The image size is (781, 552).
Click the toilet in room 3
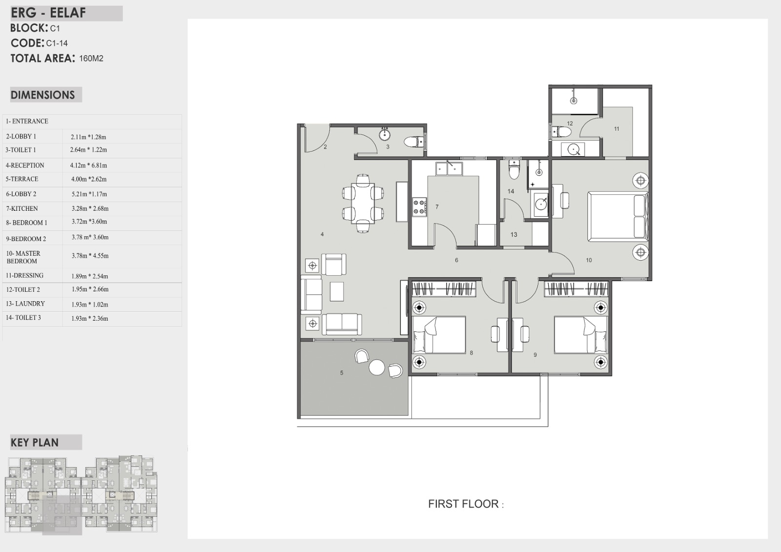414,142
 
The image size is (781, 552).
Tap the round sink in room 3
385,135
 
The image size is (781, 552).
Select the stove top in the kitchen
419,206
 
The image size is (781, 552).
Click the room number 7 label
437,207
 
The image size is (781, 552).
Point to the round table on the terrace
376,367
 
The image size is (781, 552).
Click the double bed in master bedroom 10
618,216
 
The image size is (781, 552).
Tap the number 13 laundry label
514,235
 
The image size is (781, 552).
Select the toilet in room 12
562,132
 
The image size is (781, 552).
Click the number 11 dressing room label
617,129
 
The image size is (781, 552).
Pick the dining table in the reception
363,204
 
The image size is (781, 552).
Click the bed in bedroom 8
439,335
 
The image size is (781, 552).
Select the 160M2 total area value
91,59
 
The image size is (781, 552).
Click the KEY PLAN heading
35,443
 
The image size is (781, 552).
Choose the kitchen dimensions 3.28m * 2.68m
90,208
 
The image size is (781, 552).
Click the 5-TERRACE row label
22,179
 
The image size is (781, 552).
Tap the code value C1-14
57,43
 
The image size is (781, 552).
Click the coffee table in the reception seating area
337,291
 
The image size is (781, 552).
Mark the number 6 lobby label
456,260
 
